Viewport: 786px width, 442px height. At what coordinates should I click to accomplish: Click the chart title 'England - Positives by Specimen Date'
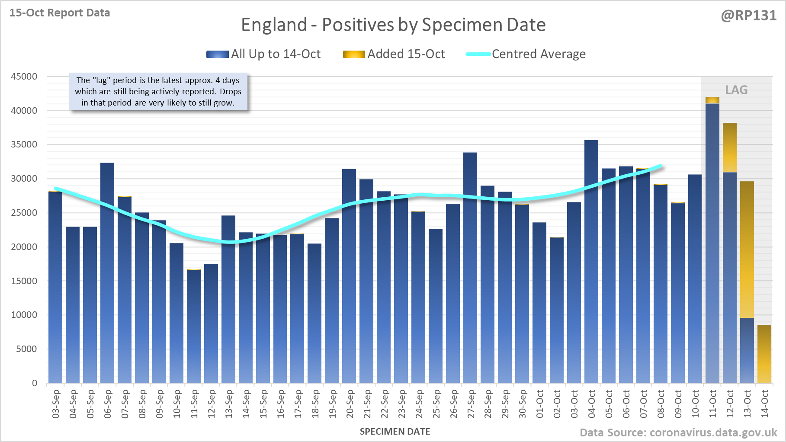(x=393, y=25)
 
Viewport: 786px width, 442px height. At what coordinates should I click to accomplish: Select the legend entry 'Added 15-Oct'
(x=406, y=54)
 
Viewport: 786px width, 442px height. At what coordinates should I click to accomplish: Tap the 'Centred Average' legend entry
(x=538, y=54)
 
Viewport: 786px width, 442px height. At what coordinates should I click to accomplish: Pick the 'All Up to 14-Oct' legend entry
(x=275, y=54)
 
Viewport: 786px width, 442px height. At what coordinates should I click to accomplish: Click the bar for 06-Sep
(x=107, y=272)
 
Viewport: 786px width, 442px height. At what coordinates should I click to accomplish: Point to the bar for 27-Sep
(x=470, y=268)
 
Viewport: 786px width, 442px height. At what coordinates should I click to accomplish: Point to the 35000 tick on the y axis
(x=24, y=144)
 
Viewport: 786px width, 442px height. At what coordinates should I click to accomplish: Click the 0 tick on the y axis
(x=35, y=383)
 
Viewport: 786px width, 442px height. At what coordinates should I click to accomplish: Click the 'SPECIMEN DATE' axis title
(x=395, y=432)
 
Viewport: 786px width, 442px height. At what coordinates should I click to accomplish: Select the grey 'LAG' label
(x=736, y=90)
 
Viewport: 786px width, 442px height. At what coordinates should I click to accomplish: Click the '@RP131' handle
(x=748, y=16)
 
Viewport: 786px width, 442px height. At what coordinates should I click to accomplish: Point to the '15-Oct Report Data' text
(x=60, y=13)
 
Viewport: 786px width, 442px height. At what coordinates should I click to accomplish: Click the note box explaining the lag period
(x=158, y=92)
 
